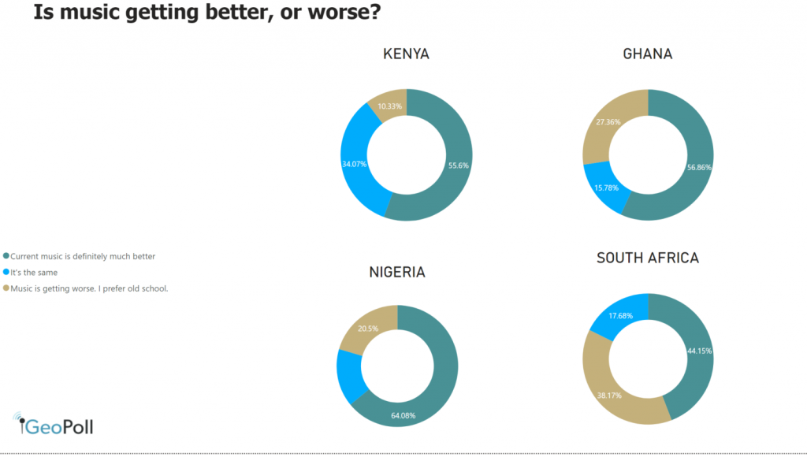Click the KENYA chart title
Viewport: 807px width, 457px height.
tap(406, 54)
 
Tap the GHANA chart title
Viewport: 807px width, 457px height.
tap(647, 54)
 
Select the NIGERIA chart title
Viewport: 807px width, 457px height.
tap(397, 272)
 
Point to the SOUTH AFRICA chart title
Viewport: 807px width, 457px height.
tap(647, 258)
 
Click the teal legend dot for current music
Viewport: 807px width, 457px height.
tap(6, 256)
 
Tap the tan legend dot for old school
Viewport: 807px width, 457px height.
tap(6, 288)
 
